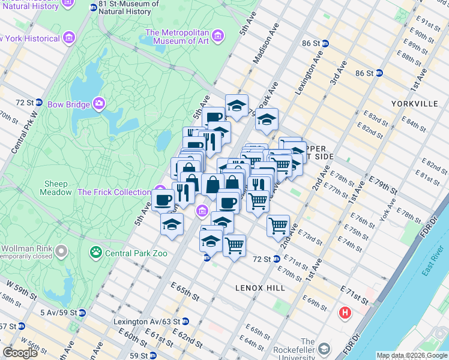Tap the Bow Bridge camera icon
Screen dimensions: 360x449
click(99, 104)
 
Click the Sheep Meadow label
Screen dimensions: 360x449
click(57, 188)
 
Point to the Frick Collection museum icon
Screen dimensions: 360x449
click(159, 191)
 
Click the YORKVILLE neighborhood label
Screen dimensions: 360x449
click(414, 103)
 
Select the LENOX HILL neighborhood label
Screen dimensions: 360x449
click(260, 288)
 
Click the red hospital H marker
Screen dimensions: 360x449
click(345, 313)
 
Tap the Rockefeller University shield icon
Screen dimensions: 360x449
click(324, 349)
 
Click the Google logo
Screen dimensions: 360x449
click(20, 353)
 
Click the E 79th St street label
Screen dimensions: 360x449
click(383, 187)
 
